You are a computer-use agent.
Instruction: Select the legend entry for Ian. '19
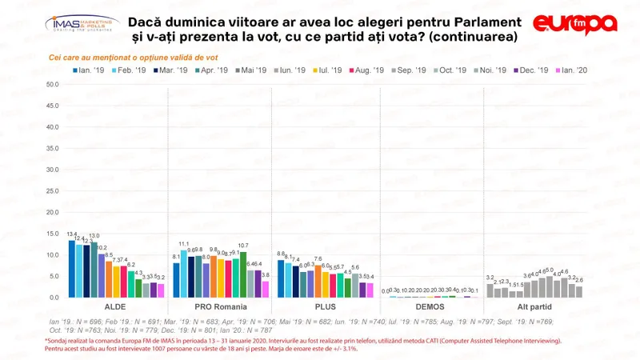point(90,71)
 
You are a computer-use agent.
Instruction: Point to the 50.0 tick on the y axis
point(53,85)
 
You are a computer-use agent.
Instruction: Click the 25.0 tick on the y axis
point(53,191)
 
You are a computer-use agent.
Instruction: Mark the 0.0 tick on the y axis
point(54,298)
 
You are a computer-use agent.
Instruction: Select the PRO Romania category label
point(221,307)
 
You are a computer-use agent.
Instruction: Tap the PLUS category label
point(325,307)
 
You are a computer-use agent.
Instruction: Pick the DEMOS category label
point(430,307)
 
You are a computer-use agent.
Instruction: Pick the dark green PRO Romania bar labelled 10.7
point(243,275)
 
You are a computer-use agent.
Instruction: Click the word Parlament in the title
point(478,20)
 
